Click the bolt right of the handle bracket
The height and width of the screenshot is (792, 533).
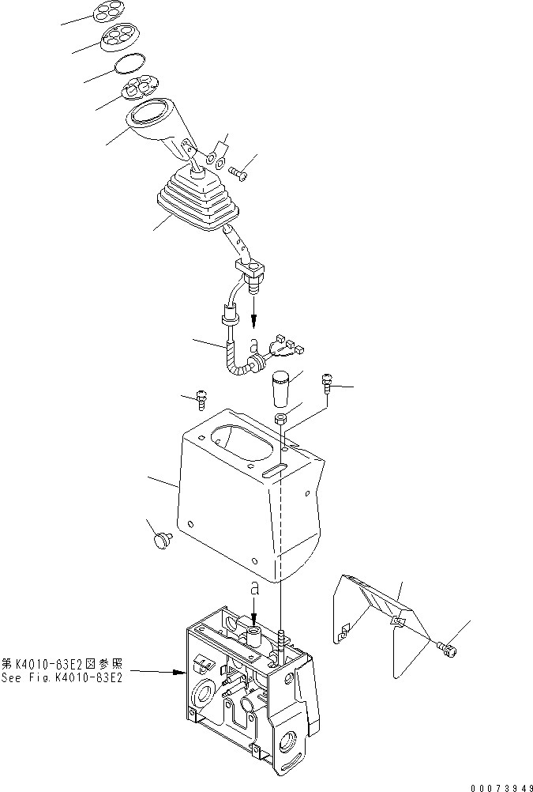(x=238, y=168)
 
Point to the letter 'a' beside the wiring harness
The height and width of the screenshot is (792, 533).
(x=254, y=346)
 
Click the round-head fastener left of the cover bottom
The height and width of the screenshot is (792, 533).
(x=162, y=541)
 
